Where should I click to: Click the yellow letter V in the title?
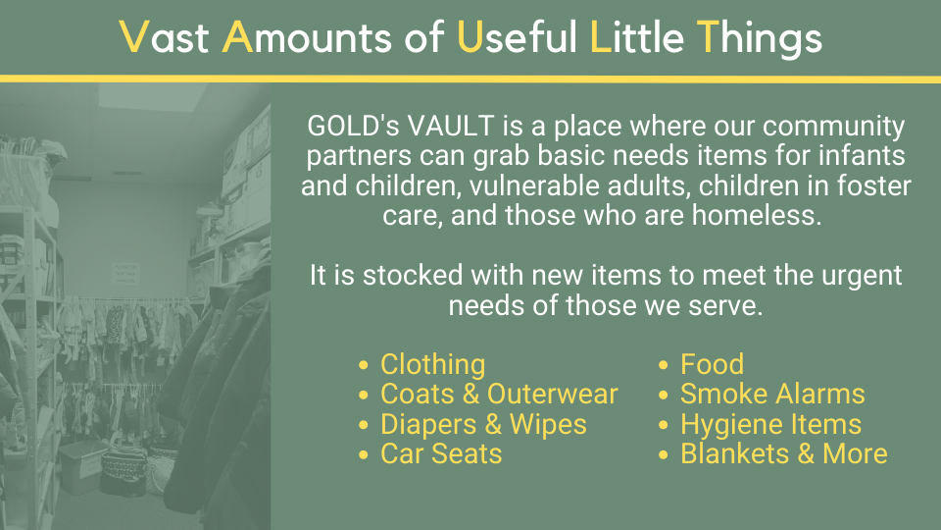click(x=134, y=36)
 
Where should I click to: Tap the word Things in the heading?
click(x=759, y=38)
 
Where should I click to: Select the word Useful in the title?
click(x=517, y=36)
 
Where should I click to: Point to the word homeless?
click(x=757, y=215)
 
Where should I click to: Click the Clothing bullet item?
click(x=432, y=365)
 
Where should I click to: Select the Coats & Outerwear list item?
click(x=499, y=395)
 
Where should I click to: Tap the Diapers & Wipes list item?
click(x=483, y=424)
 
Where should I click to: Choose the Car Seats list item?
click(x=441, y=453)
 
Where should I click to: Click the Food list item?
click(x=712, y=364)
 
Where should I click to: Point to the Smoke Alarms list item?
click(x=772, y=395)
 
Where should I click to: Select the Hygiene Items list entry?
click(x=770, y=424)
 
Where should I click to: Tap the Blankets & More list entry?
click(x=784, y=453)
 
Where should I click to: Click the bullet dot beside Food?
click(x=664, y=365)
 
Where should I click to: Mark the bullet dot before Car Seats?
click(x=363, y=454)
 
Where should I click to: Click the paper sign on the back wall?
click(x=125, y=274)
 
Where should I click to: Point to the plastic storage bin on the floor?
click(x=83, y=465)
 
